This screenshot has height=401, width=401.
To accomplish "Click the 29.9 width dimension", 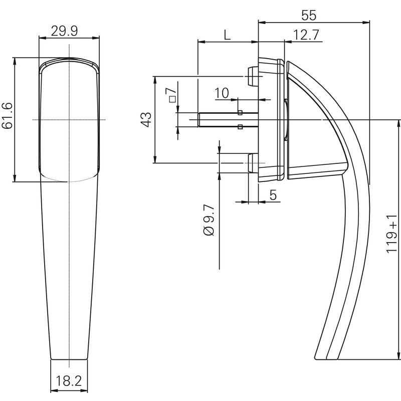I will coord(64,32).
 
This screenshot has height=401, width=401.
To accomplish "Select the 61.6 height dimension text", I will coord(8,116).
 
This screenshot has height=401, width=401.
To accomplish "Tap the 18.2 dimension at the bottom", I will coord(69,380).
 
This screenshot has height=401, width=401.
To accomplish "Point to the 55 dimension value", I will coord(309,15).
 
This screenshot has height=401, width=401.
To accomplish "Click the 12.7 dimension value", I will coord(307,35).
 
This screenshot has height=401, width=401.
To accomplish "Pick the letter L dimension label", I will coord(227,35).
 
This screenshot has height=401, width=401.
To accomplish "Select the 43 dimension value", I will coord(145,119).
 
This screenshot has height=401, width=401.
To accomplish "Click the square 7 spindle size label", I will coord(172,93).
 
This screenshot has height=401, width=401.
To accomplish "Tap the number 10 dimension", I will coord(222,93).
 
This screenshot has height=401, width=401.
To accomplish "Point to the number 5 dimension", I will coord(273,195).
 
